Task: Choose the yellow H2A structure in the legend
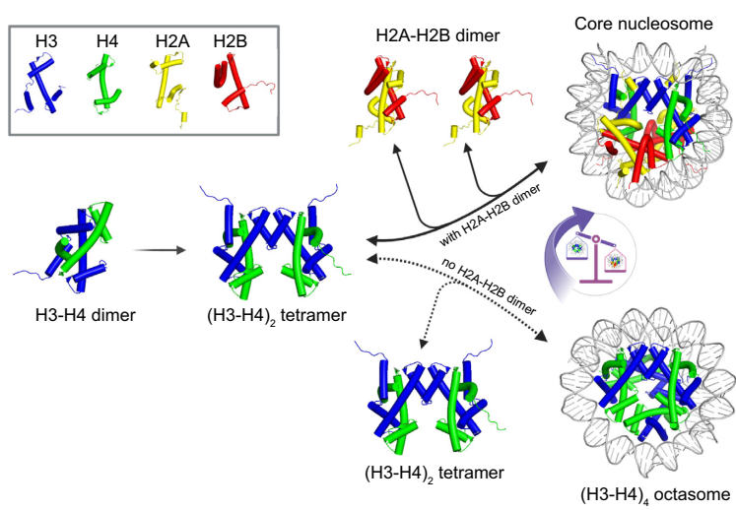pos(171,87)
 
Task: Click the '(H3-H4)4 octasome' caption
pos(654,492)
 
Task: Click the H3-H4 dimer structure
pos(74,251)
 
